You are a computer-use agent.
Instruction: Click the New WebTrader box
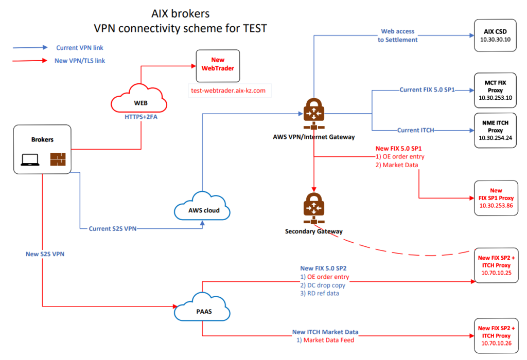(x=218, y=66)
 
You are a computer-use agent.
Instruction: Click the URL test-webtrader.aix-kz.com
(x=227, y=91)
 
